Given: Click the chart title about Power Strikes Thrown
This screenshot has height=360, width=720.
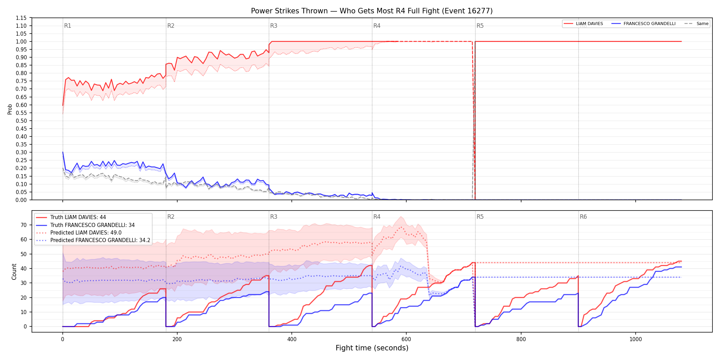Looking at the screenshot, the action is [x=372, y=11].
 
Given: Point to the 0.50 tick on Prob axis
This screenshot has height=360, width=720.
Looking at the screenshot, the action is [x=21, y=121].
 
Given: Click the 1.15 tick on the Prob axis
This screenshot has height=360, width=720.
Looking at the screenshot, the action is [x=21, y=18].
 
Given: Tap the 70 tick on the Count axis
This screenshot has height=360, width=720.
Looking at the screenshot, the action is [x=24, y=225].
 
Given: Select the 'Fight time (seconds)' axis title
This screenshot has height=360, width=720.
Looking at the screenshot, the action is [x=372, y=348].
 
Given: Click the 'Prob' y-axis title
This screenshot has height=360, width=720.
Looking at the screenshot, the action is [x=10, y=109].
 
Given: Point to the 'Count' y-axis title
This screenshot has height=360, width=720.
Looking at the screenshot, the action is [x=14, y=272].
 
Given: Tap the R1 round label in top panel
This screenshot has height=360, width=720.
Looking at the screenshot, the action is [x=68, y=26].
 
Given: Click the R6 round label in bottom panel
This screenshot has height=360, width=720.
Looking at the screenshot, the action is [x=583, y=217].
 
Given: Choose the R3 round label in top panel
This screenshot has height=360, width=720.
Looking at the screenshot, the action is [x=274, y=26].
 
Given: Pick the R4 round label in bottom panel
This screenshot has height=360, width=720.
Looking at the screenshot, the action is [x=377, y=217].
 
